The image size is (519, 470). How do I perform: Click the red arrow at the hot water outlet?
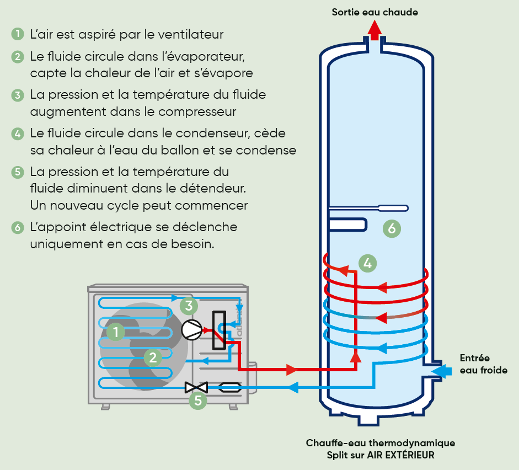(x=374, y=30)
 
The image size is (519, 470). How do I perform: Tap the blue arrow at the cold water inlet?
(x=441, y=372)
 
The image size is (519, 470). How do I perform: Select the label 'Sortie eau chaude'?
(x=374, y=12)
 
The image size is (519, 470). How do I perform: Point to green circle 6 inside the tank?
(x=391, y=228)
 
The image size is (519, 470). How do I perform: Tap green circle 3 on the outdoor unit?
(x=189, y=305)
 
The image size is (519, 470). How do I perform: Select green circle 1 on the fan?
(x=115, y=332)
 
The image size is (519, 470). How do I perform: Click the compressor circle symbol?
(x=191, y=330)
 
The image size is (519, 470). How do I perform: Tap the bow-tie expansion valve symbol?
(x=196, y=387)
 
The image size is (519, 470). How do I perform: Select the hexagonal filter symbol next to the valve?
(x=230, y=387)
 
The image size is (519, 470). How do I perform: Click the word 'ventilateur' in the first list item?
(x=190, y=34)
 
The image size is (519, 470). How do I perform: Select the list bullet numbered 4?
(x=18, y=133)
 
